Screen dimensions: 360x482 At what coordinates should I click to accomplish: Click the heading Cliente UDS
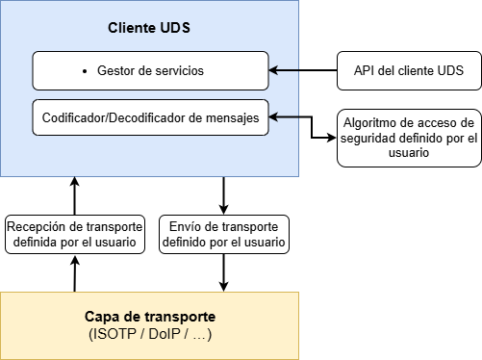coord(148,28)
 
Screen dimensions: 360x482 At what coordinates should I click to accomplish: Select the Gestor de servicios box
coord(150,70)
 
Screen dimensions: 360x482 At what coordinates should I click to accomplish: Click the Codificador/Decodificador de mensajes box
coord(150,117)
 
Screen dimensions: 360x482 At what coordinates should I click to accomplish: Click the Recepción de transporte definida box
coord(75,234)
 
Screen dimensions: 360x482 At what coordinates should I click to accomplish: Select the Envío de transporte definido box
coord(224,234)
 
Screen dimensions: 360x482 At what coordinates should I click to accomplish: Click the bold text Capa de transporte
coord(149,317)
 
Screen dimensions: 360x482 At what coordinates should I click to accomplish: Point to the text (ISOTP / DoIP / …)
coord(149,334)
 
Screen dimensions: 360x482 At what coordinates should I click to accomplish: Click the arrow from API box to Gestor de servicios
coord(302,70)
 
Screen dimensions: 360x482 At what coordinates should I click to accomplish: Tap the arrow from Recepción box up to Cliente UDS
coord(75,195)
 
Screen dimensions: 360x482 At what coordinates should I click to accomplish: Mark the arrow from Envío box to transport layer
coord(224,272)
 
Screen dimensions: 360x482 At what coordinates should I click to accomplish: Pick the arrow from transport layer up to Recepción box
coord(75,273)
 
